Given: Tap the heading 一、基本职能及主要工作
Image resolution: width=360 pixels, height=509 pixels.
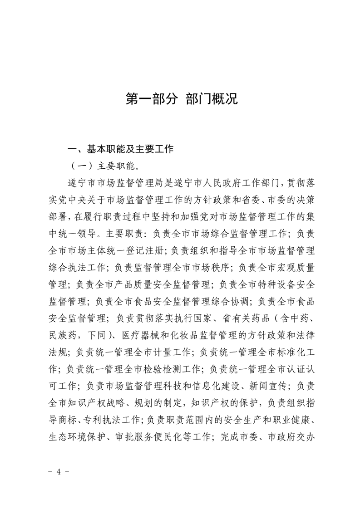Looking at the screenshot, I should (121, 149).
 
